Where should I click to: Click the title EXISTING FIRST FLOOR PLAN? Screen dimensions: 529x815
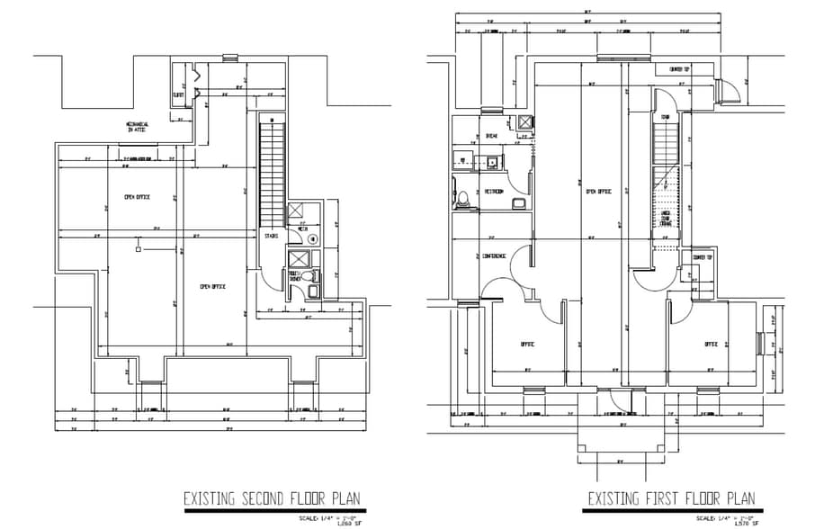coord(672,498)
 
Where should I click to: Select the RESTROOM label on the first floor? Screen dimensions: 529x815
coord(494,192)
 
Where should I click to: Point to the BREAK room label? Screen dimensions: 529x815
coord(492,137)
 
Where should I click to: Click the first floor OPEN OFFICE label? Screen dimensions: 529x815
coord(598,192)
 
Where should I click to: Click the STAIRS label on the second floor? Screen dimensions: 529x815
coord(271,237)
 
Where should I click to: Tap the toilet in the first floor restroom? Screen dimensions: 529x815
coord(461,199)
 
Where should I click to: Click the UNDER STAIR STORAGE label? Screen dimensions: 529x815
coord(667,219)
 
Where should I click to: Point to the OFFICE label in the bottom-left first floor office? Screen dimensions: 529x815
coord(527,344)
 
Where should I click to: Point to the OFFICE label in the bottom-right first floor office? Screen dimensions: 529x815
coord(711,344)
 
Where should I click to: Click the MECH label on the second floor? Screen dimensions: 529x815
coord(302,229)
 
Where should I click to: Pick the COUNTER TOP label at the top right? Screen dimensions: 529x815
coord(680,69)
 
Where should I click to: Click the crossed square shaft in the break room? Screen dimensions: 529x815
coord(524,123)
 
